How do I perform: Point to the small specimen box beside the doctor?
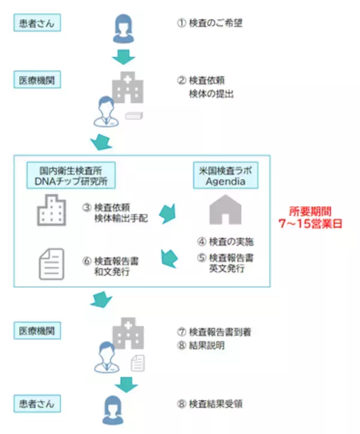(133, 116)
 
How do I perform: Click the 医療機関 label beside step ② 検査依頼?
(38, 79)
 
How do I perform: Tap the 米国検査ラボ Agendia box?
(225, 175)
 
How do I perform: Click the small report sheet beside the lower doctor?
(137, 362)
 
